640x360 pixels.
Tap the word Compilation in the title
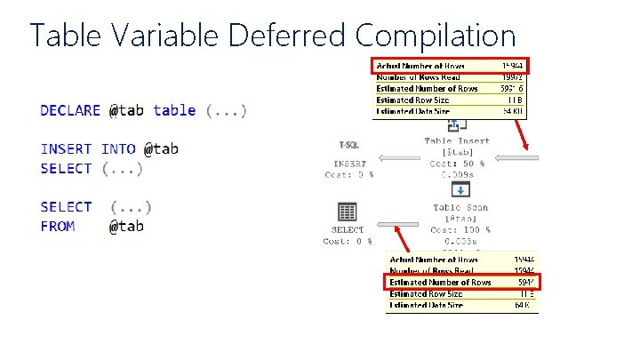pos(436,36)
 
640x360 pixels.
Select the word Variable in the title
pos(168,36)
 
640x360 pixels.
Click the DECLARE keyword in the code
pos(70,111)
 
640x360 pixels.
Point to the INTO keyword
pos(118,149)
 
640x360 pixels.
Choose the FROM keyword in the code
pos(58,227)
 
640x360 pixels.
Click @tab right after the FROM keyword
pos(126,227)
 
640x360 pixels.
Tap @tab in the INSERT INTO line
pos(161,149)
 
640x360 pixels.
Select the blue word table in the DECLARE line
pos(174,111)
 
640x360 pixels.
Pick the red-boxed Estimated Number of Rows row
pos(462,283)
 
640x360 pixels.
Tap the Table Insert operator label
pos(456,140)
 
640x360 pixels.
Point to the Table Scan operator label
pos(460,208)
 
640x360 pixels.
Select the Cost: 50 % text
pos(456,164)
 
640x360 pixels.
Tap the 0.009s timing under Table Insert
pos(457,175)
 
